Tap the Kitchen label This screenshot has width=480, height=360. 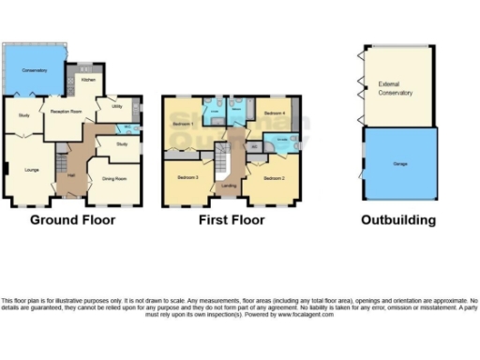click(x=87, y=81)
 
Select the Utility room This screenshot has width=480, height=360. click(x=117, y=107)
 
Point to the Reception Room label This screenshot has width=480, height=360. click(x=67, y=110)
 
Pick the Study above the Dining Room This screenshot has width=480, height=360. click(x=122, y=143)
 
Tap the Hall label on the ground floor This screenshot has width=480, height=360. click(x=70, y=173)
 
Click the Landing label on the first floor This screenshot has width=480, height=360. click(x=229, y=186)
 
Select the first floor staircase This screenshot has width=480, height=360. click(x=223, y=164)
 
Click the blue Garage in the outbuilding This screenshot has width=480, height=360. click(x=397, y=163)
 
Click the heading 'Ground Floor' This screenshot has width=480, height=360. click(x=72, y=221)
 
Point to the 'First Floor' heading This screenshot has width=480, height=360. click(x=231, y=221)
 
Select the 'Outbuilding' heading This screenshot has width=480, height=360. click(x=398, y=221)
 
